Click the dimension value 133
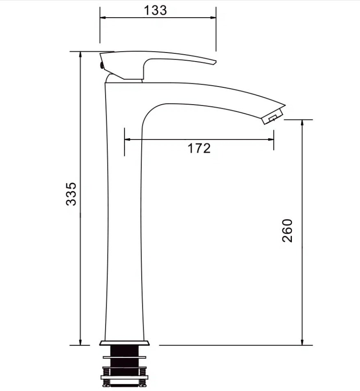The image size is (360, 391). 155,11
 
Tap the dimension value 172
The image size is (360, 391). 199,148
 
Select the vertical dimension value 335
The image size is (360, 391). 71,194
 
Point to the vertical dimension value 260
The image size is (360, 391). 287,231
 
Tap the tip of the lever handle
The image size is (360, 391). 215,62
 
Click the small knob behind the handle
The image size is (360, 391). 101,65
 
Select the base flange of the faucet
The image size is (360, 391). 124,343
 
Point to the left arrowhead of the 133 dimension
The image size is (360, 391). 103,18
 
